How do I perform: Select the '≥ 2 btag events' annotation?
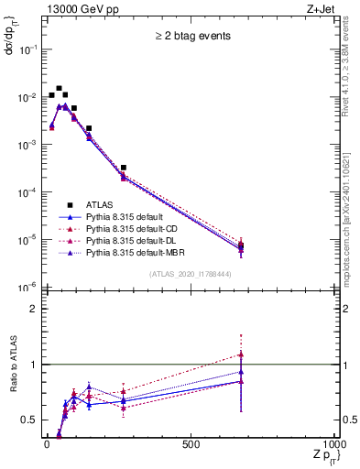point(191,37)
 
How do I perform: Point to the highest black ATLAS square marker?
point(59,89)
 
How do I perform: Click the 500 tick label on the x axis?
point(191,443)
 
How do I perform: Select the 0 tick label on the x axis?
point(47,443)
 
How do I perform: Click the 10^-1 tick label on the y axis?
point(28,50)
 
